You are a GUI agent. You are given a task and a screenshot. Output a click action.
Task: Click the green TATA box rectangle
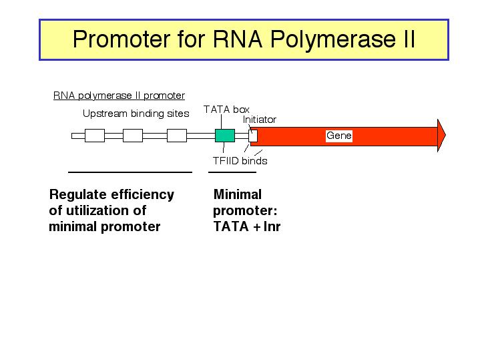click(x=225, y=136)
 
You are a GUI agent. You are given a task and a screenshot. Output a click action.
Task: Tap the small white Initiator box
click(x=253, y=136)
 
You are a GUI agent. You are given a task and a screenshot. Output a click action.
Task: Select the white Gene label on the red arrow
click(x=339, y=136)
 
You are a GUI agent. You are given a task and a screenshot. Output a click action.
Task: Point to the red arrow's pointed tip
click(x=445, y=135)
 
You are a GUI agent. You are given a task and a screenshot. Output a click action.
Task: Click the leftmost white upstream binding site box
click(x=95, y=136)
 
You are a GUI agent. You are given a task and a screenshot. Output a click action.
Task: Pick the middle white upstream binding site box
click(x=133, y=136)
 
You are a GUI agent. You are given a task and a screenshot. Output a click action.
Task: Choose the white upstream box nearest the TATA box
click(x=177, y=136)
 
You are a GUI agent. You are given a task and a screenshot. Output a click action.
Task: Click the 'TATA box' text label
click(x=226, y=110)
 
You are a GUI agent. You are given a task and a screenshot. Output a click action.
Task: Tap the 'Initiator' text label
click(x=260, y=120)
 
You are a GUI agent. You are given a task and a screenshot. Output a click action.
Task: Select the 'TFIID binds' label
click(x=240, y=161)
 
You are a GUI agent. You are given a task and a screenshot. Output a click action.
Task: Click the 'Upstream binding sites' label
click(x=136, y=114)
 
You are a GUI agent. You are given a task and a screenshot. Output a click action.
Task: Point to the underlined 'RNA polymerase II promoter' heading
click(x=119, y=96)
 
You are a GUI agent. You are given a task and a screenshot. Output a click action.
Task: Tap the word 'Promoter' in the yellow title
click(x=122, y=39)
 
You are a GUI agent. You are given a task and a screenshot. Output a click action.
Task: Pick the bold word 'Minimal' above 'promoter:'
click(x=238, y=194)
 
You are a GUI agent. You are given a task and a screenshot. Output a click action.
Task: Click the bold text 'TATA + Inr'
click(x=247, y=226)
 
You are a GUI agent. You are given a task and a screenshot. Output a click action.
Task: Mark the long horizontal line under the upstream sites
click(x=130, y=172)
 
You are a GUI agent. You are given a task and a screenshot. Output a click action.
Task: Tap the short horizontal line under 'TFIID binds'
click(x=232, y=172)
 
